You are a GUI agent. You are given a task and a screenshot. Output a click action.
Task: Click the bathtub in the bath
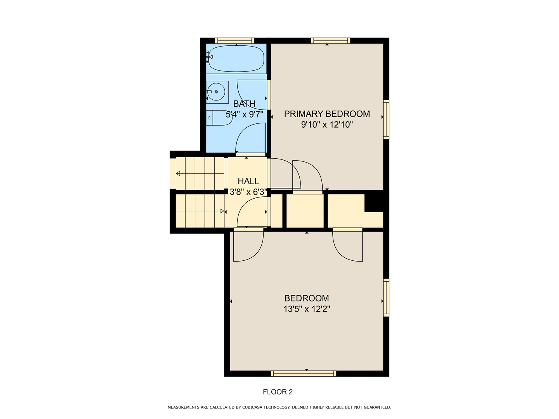pyautogui.click(x=236, y=59)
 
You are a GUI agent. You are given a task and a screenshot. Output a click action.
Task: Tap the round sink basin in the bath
pyautogui.click(x=216, y=92)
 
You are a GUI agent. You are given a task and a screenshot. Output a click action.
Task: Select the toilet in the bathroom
pyautogui.click(x=219, y=118)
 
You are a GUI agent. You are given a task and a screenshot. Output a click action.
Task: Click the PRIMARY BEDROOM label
pyautogui.click(x=327, y=114)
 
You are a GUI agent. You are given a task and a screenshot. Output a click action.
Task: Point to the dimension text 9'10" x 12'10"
pyautogui.click(x=327, y=125)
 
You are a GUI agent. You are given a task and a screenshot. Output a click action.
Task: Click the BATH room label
pyautogui.click(x=244, y=104)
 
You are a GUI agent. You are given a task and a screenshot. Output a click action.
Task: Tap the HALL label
pyautogui.click(x=248, y=181)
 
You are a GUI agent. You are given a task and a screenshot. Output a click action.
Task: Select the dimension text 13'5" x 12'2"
pyautogui.click(x=307, y=309)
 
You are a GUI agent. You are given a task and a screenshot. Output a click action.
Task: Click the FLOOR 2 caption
pyautogui.click(x=278, y=392)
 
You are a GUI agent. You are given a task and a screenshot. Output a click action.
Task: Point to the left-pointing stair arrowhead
pyautogui.click(x=178, y=173)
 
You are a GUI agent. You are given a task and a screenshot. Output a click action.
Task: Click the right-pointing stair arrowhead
pyautogui.click(x=222, y=211)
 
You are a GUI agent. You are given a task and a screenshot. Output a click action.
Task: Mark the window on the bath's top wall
pyautogui.click(x=234, y=40)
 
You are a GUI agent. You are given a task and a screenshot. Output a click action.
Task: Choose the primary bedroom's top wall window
pyautogui.click(x=330, y=40)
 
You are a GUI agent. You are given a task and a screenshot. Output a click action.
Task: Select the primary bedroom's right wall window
pyautogui.click(x=386, y=119)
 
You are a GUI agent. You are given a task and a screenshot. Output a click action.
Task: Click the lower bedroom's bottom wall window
pyautogui.click(x=303, y=374)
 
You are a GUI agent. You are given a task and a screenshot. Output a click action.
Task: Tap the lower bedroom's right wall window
pyautogui.click(x=386, y=298)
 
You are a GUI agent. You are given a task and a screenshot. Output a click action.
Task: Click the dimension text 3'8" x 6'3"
pyautogui.click(x=248, y=192)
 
